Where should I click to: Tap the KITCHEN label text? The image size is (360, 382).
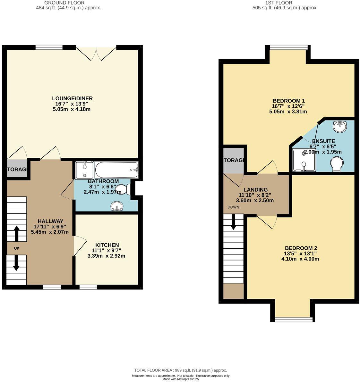(106, 245)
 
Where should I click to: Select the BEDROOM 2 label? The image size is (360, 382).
(301, 248)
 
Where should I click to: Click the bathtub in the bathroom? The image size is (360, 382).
(116, 170)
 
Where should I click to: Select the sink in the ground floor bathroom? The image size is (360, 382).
(117, 206)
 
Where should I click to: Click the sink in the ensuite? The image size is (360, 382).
(339, 127)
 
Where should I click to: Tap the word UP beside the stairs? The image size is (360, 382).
(16, 248)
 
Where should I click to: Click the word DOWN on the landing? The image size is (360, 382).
(233, 207)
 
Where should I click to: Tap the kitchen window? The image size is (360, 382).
(88, 287)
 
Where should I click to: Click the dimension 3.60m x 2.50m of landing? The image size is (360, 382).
(255, 201)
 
